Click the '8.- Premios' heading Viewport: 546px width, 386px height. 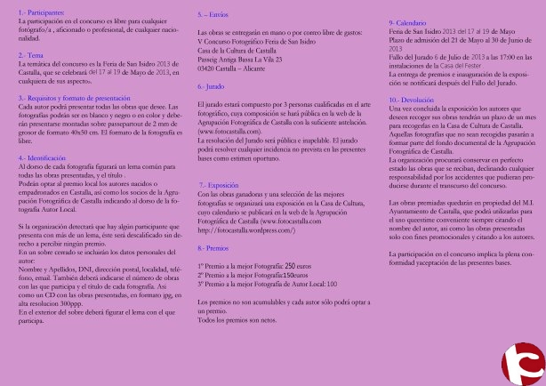(215, 225)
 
